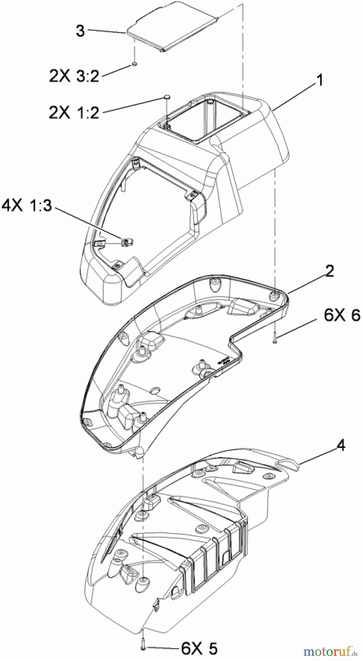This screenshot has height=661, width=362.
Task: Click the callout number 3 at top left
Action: coord(80,30)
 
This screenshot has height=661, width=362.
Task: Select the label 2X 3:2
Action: coord(74,76)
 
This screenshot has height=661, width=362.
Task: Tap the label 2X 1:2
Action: coord(74,112)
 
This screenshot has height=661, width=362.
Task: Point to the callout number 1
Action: coord(319,80)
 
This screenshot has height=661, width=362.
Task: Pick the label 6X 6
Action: coord(342,315)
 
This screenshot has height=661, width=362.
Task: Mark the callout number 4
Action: coord(341,445)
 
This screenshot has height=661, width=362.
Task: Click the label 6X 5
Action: coord(199,649)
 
